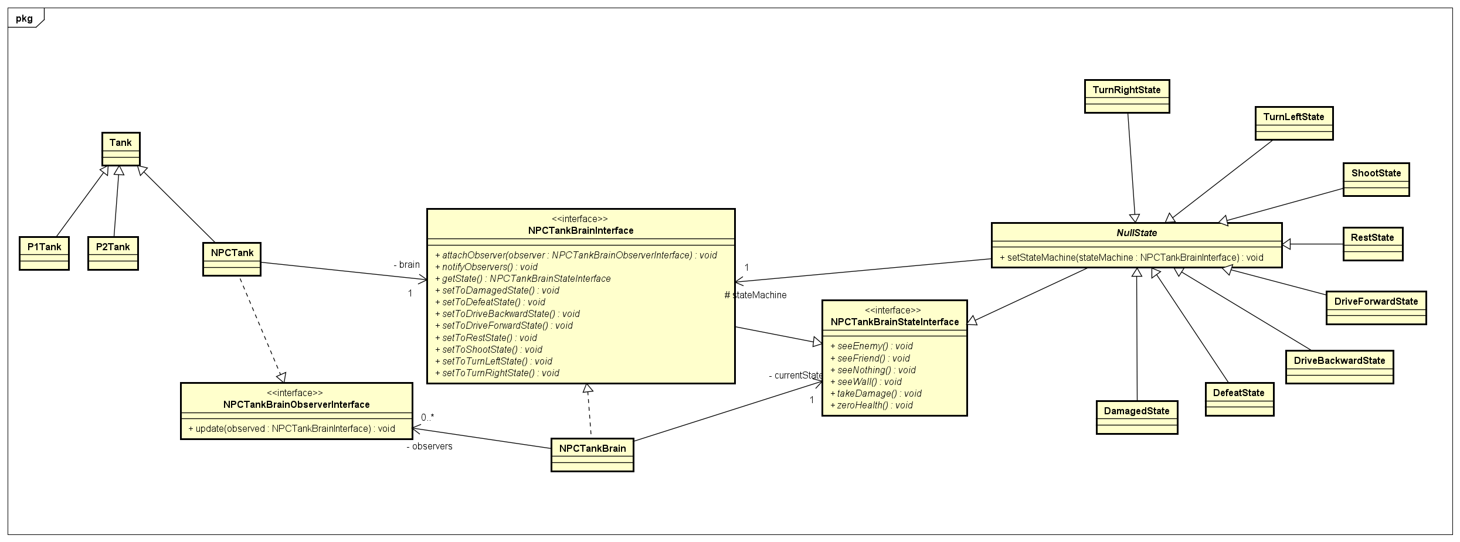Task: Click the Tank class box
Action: click(x=121, y=149)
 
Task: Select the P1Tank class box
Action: click(x=44, y=253)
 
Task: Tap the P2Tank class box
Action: click(x=113, y=253)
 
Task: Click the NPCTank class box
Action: click(x=232, y=259)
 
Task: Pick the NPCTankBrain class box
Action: click(x=592, y=454)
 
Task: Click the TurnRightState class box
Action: click(x=1126, y=96)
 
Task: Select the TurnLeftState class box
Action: click(x=1293, y=123)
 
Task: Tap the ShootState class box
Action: click(x=1376, y=179)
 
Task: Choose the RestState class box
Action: click(x=1372, y=244)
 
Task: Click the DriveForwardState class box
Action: click(x=1376, y=308)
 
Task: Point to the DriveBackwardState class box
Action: click(x=1339, y=367)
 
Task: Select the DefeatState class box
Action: click(x=1239, y=399)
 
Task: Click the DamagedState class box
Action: click(x=1136, y=417)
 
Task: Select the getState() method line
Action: click(x=526, y=279)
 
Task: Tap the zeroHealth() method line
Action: click(x=871, y=405)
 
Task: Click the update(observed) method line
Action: click(x=291, y=429)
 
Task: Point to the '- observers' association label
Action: click(x=429, y=446)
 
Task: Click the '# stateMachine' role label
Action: click(x=755, y=295)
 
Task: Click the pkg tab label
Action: click(x=25, y=18)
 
